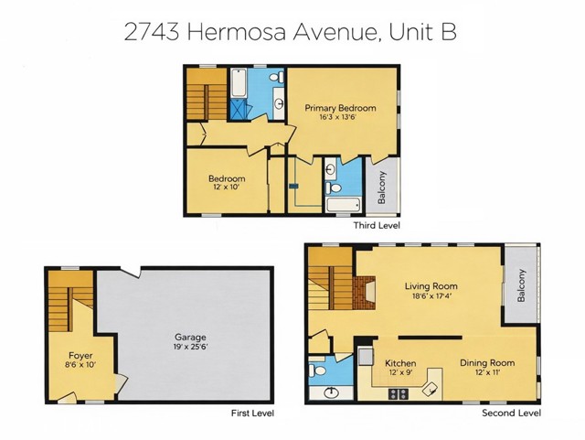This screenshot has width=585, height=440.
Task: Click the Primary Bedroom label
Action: click(x=340, y=108)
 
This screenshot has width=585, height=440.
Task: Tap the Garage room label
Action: click(x=191, y=338)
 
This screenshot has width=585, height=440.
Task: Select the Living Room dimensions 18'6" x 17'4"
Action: click(x=431, y=296)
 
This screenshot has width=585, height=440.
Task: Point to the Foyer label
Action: click(x=80, y=356)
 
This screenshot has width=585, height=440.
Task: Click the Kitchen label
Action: click(x=400, y=363)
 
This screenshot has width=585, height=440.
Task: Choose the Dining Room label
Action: click(x=487, y=362)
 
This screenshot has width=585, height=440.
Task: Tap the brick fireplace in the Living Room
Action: click(x=364, y=293)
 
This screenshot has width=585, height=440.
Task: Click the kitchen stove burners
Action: click(x=399, y=393)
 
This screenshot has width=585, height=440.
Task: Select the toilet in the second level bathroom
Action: click(x=318, y=370)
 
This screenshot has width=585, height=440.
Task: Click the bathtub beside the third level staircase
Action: click(x=238, y=83)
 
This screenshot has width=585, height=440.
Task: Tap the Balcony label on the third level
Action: click(x=381, y=188)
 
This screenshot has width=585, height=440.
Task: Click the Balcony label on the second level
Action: click(x=521, y=285)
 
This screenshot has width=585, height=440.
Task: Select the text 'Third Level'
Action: click(x=377, y=225)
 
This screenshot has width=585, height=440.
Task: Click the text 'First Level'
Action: click(x=252, y=413)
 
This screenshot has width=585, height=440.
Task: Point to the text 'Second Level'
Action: click(x=512, y=413)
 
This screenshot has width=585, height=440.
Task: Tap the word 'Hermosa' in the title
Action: click(x=236, y=32)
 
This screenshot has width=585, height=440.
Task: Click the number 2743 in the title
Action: click(x=153, y=32)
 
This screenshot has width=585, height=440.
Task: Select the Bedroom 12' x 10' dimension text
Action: click(x=227, y=187)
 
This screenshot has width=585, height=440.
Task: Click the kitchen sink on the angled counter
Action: click(x=431, y=389)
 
